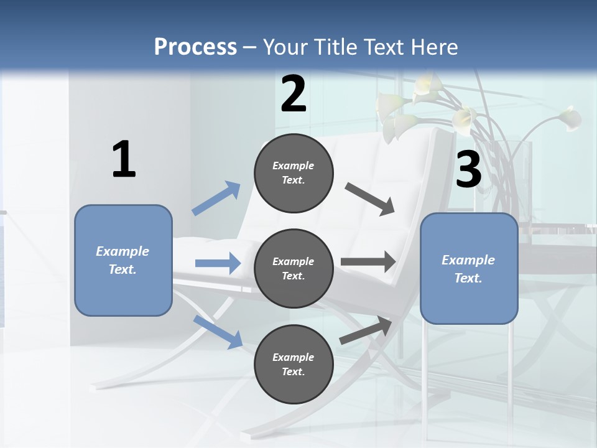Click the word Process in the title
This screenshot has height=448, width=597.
click(x=195, y=47)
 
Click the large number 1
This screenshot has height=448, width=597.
click(x=124, y=160)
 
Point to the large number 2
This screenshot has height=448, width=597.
click(x=294, y=94)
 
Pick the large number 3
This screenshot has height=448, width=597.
click(x=468, y=170)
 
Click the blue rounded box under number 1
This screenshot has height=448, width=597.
click(x=123, y=260)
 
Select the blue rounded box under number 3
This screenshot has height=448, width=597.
click(x=469, y=269)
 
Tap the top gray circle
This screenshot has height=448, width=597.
click(x=294, y=173)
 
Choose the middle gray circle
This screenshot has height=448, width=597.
click(x=294, y=269)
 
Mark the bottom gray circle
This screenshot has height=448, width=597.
click(x=294, y=365)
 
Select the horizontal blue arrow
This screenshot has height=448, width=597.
click(x=218, y=264)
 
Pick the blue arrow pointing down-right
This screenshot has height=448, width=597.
click(x=218, y=331)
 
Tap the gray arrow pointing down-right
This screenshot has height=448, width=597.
click(x=370, y=199)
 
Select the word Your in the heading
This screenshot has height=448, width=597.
click(x=285, y=47)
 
